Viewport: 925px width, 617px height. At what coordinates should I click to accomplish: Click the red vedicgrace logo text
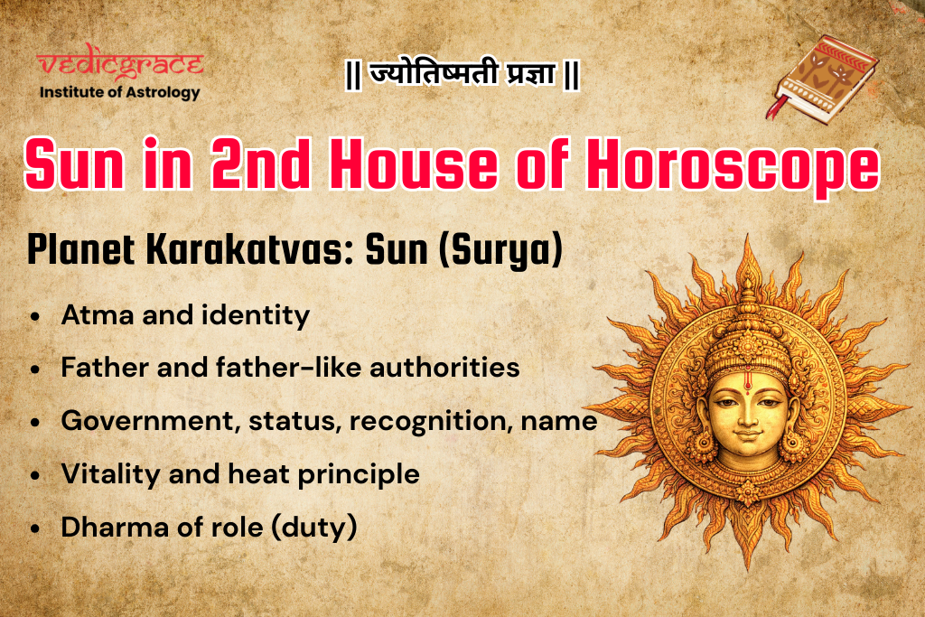click(120, 65)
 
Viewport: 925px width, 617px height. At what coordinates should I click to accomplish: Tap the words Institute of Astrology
click(120, 91)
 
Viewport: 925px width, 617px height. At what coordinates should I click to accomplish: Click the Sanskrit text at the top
click(462, 75)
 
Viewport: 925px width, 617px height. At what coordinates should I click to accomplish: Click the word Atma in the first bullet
click(89, 315)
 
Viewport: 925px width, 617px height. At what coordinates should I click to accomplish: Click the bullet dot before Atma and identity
click(35, 318)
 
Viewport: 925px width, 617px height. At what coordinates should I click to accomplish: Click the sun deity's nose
click(739, 425)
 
